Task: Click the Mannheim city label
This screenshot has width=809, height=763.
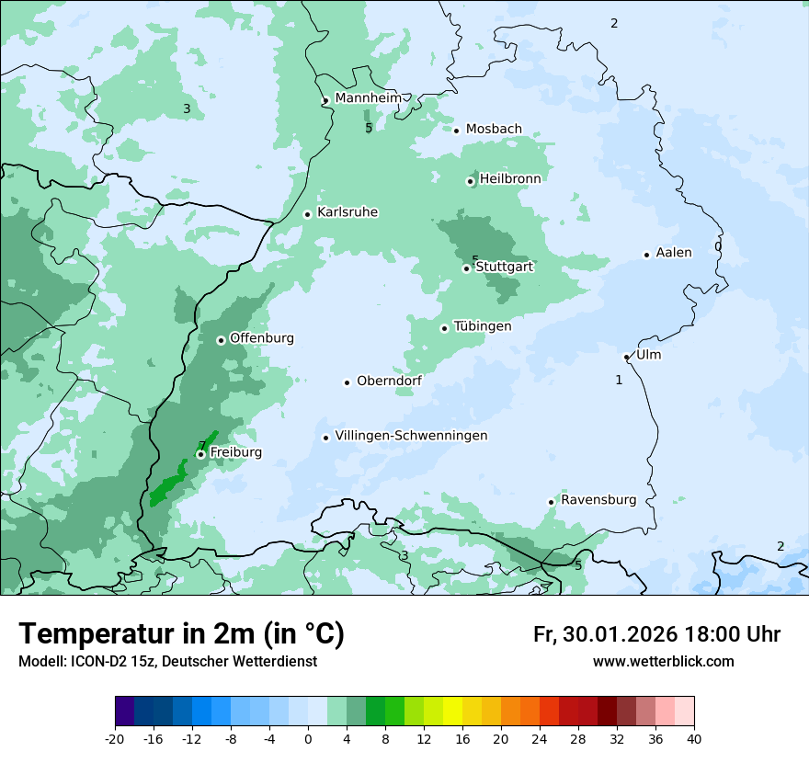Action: coord(368,97)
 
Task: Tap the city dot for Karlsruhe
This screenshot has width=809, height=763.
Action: coord(308,214)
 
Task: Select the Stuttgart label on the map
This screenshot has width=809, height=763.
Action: coord(505,267)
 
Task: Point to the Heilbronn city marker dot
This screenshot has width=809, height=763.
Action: coord(470,181)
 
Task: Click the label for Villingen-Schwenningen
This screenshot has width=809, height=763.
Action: coord(411,436)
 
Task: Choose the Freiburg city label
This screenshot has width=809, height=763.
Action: coord(235,452)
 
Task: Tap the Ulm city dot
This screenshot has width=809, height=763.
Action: coord(627,357)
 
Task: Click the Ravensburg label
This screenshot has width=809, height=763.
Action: coord(598,500)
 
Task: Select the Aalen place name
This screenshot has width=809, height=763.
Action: coord(674,253)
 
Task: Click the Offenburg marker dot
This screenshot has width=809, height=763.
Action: coord(221,340)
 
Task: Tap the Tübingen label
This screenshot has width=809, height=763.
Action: coord(483,326)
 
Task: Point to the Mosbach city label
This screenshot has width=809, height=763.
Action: coord(494,130)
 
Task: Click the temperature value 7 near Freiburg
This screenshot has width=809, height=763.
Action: coord(201,446)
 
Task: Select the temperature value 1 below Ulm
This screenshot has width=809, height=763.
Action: coord(619,380)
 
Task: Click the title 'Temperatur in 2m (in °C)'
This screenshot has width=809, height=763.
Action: coord(182,633)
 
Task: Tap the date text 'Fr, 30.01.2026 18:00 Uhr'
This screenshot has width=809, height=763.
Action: coord(656,634)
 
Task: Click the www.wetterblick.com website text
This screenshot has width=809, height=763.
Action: coord(663,661)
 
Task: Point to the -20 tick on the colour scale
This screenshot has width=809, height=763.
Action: coord(115,738)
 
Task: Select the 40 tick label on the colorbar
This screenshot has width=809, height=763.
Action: coord(694,738)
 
